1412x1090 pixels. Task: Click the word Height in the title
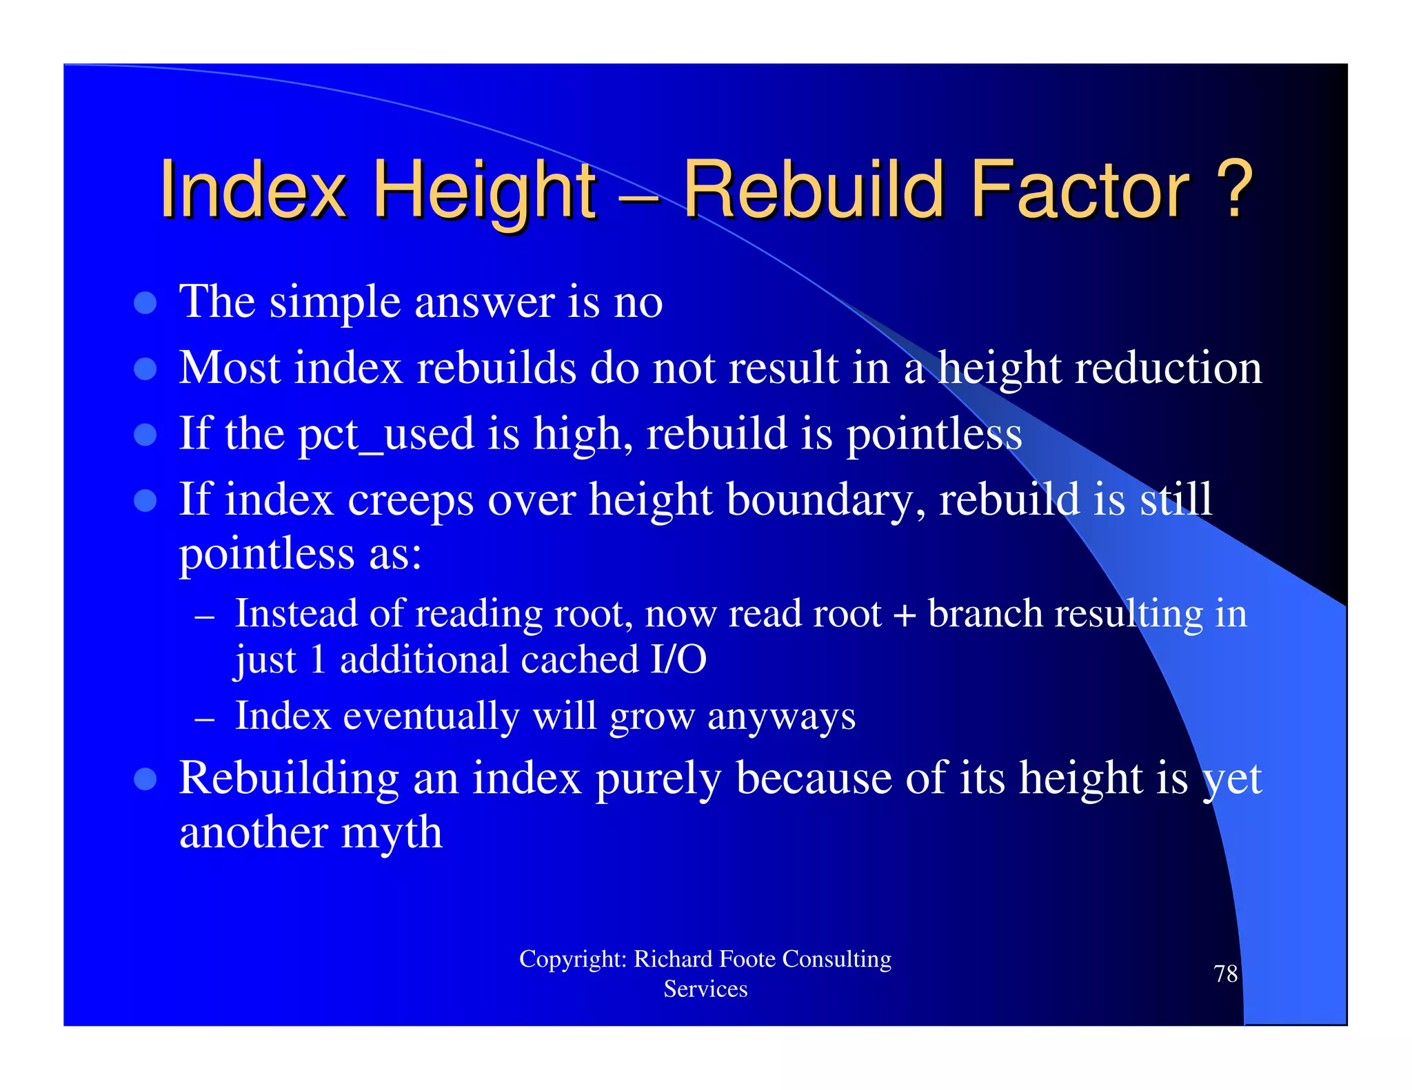(484, 190)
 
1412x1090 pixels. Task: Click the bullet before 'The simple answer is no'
(145, 302)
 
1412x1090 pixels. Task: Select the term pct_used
(386, 435)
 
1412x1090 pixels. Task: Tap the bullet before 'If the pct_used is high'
(145, 435)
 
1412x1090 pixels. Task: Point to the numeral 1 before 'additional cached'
(318, 660)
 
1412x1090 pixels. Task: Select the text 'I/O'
(678, 660)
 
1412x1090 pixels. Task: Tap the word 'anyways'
(781, 717)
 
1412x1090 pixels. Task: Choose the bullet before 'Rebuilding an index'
(145, 779)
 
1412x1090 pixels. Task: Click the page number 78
(1225, 974)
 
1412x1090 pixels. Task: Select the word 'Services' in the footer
(705, 989)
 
